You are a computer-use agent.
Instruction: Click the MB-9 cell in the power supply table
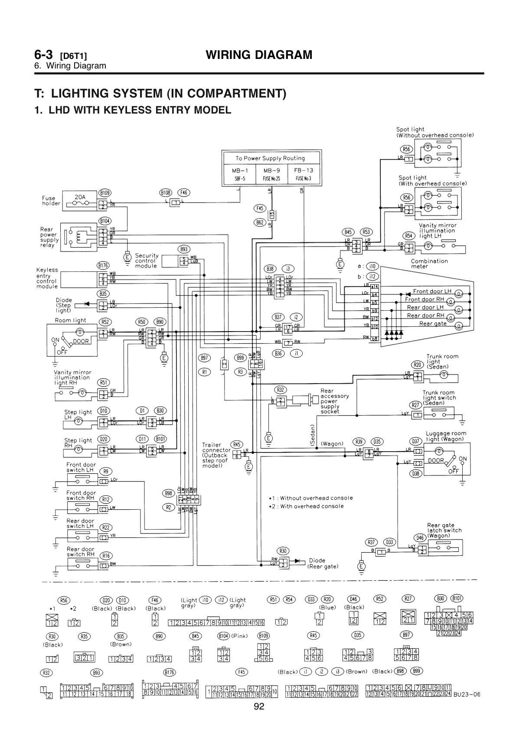271,174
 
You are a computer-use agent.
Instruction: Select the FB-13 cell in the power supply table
304,174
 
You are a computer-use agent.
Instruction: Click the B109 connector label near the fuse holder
105,192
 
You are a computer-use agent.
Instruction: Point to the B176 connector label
103,265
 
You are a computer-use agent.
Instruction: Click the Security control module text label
147,260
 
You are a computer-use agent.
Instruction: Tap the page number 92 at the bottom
259,707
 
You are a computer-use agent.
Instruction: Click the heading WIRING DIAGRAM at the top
259,55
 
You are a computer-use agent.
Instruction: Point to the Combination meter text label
429,264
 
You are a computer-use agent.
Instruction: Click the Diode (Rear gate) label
323,563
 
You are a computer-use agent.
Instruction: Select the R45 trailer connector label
237,444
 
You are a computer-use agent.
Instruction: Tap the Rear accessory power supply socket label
335,401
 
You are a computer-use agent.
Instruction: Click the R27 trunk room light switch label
416,405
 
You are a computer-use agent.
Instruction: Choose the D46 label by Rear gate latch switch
419,537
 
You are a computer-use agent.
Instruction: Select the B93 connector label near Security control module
184,249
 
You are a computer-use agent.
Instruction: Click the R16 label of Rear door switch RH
105,556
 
